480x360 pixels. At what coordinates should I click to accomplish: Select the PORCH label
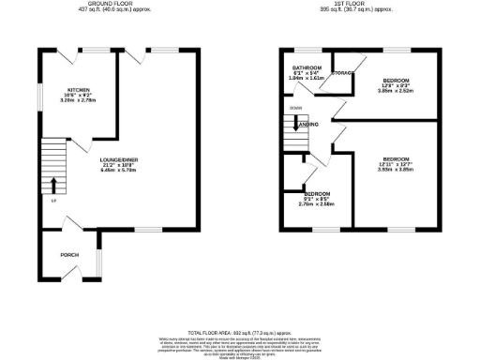(69, 253)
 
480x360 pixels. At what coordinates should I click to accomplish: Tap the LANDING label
(307, 124)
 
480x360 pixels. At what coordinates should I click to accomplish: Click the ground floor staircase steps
(52, 159)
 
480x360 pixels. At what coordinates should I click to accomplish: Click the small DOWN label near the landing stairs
(295, 109)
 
